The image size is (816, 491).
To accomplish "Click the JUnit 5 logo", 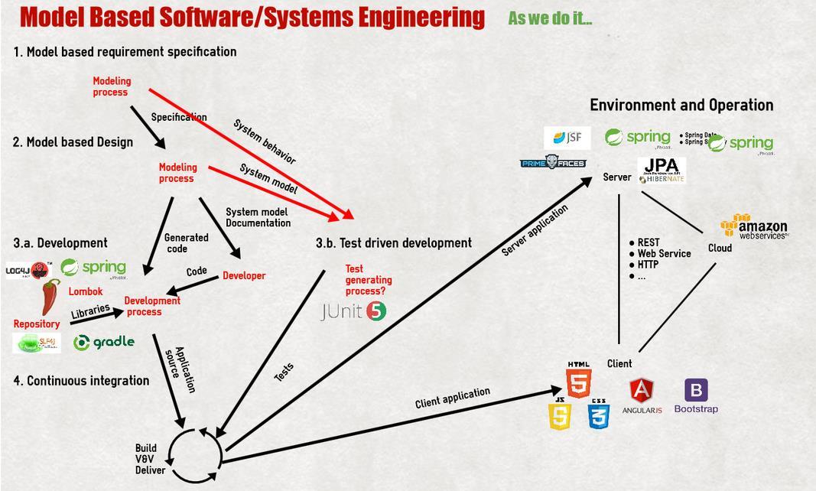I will [353, 311].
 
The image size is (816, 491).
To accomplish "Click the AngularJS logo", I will [641, 395].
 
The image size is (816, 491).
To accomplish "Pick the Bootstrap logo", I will [696, 395].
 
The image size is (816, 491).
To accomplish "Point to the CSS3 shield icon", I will [598, 415].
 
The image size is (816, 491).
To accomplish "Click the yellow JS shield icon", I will [560, 415].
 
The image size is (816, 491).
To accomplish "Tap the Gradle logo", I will [104, 342].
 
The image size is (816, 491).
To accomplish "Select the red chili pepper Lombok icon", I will [50, 297].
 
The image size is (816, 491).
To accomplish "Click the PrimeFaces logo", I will [553, 163].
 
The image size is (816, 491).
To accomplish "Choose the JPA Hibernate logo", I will [662, 171].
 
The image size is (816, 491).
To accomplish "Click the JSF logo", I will [567, 138].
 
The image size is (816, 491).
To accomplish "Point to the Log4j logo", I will [28, 270].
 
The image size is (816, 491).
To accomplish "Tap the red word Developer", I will [244, 275].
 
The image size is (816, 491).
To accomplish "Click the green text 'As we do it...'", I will [550, 18].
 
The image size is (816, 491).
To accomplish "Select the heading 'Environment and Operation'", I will [681, 105].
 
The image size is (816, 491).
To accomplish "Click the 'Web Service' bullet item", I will [663, 253].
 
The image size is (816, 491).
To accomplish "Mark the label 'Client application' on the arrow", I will [453, 398].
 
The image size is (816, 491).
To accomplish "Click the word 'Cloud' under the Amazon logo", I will [720, 248].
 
